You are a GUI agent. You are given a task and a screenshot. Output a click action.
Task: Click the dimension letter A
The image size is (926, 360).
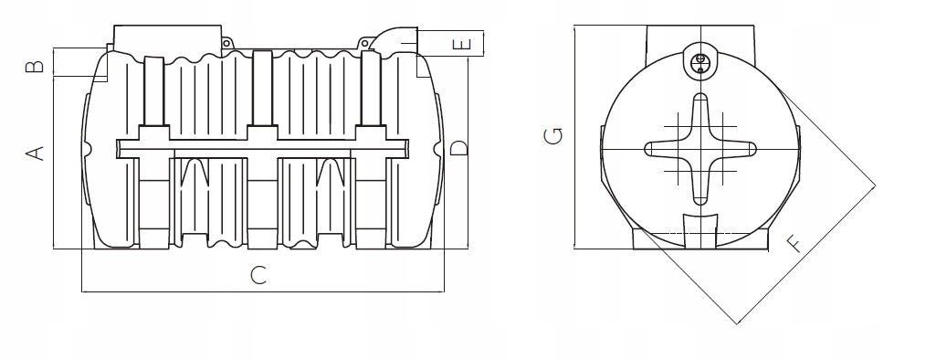[x=36, y=153]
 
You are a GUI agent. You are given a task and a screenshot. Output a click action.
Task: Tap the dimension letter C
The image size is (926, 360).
[x=258, y=275]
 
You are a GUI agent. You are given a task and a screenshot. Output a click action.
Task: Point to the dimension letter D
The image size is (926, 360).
[x=458, y=148]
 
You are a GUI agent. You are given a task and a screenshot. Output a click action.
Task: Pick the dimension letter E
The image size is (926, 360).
[x=461, y=44]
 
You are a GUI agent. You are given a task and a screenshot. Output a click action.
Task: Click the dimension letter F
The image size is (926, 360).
[x=795, y=244]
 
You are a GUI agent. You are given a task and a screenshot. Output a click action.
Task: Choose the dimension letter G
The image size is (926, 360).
[x=553, y=136]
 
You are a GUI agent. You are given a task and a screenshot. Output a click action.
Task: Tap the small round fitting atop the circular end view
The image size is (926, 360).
[x=701, y=61]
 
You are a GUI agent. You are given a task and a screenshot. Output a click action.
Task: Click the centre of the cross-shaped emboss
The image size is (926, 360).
[x=700, y=149]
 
